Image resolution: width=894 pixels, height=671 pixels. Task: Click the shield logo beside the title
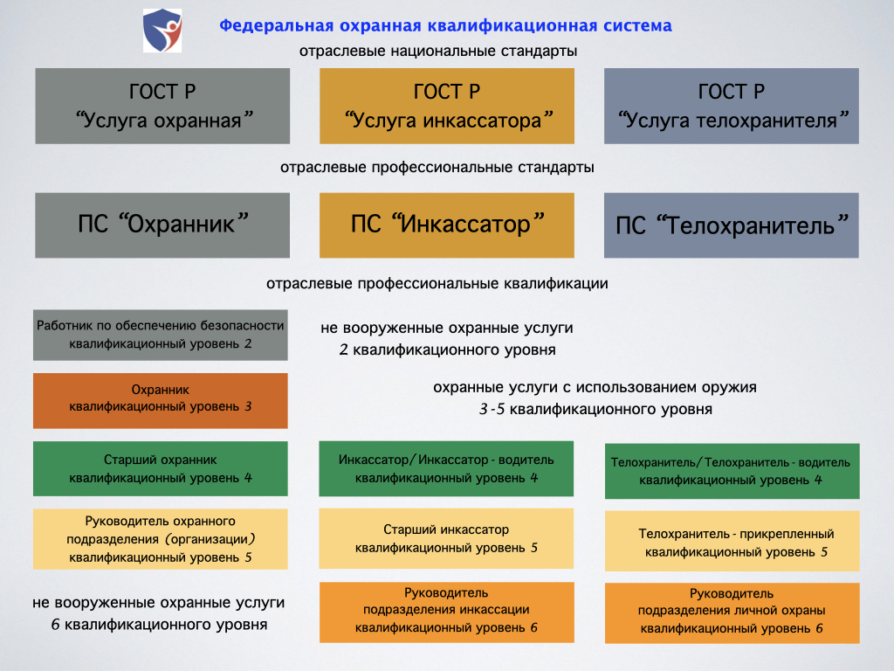(x=162, y=31)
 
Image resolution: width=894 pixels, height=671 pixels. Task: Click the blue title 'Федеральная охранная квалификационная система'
(x=445, y=25)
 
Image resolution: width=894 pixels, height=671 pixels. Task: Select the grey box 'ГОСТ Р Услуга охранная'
(x=162, y=106)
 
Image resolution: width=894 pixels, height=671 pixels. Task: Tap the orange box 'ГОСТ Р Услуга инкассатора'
(x=447, y=106)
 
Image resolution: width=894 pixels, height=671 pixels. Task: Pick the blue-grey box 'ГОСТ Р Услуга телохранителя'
(x=732, y=106)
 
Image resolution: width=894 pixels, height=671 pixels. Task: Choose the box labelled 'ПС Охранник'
(x=162, y=225)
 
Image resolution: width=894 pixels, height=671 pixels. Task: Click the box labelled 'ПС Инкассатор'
(x=447, y=225)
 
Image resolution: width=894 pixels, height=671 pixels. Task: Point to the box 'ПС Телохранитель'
(x=732, y=225)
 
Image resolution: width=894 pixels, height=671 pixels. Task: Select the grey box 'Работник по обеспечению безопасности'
(x=161, y=335)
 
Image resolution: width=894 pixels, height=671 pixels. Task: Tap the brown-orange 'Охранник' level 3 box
(x=161, y=400)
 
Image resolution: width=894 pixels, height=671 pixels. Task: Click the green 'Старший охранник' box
(x=161, y=468)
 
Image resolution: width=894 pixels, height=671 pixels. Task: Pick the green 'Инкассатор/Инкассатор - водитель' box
(x=446, y=468)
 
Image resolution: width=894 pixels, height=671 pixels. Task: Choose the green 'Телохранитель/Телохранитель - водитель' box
(x=732, y=471)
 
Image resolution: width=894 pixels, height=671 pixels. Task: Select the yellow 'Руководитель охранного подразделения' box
(x=161, y=539)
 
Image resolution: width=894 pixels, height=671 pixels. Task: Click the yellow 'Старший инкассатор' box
(x=446, y=538)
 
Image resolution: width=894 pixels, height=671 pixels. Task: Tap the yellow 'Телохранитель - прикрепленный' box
(x=732, y=542)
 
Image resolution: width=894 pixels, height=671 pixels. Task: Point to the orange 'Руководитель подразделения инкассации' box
(x=447, y=612)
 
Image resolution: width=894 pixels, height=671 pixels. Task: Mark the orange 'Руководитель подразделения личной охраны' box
(x=732, y=613)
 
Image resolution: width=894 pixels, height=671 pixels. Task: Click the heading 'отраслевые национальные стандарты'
(x=438, y=52)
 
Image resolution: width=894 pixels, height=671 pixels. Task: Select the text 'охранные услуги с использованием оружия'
(x=595, y=387)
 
